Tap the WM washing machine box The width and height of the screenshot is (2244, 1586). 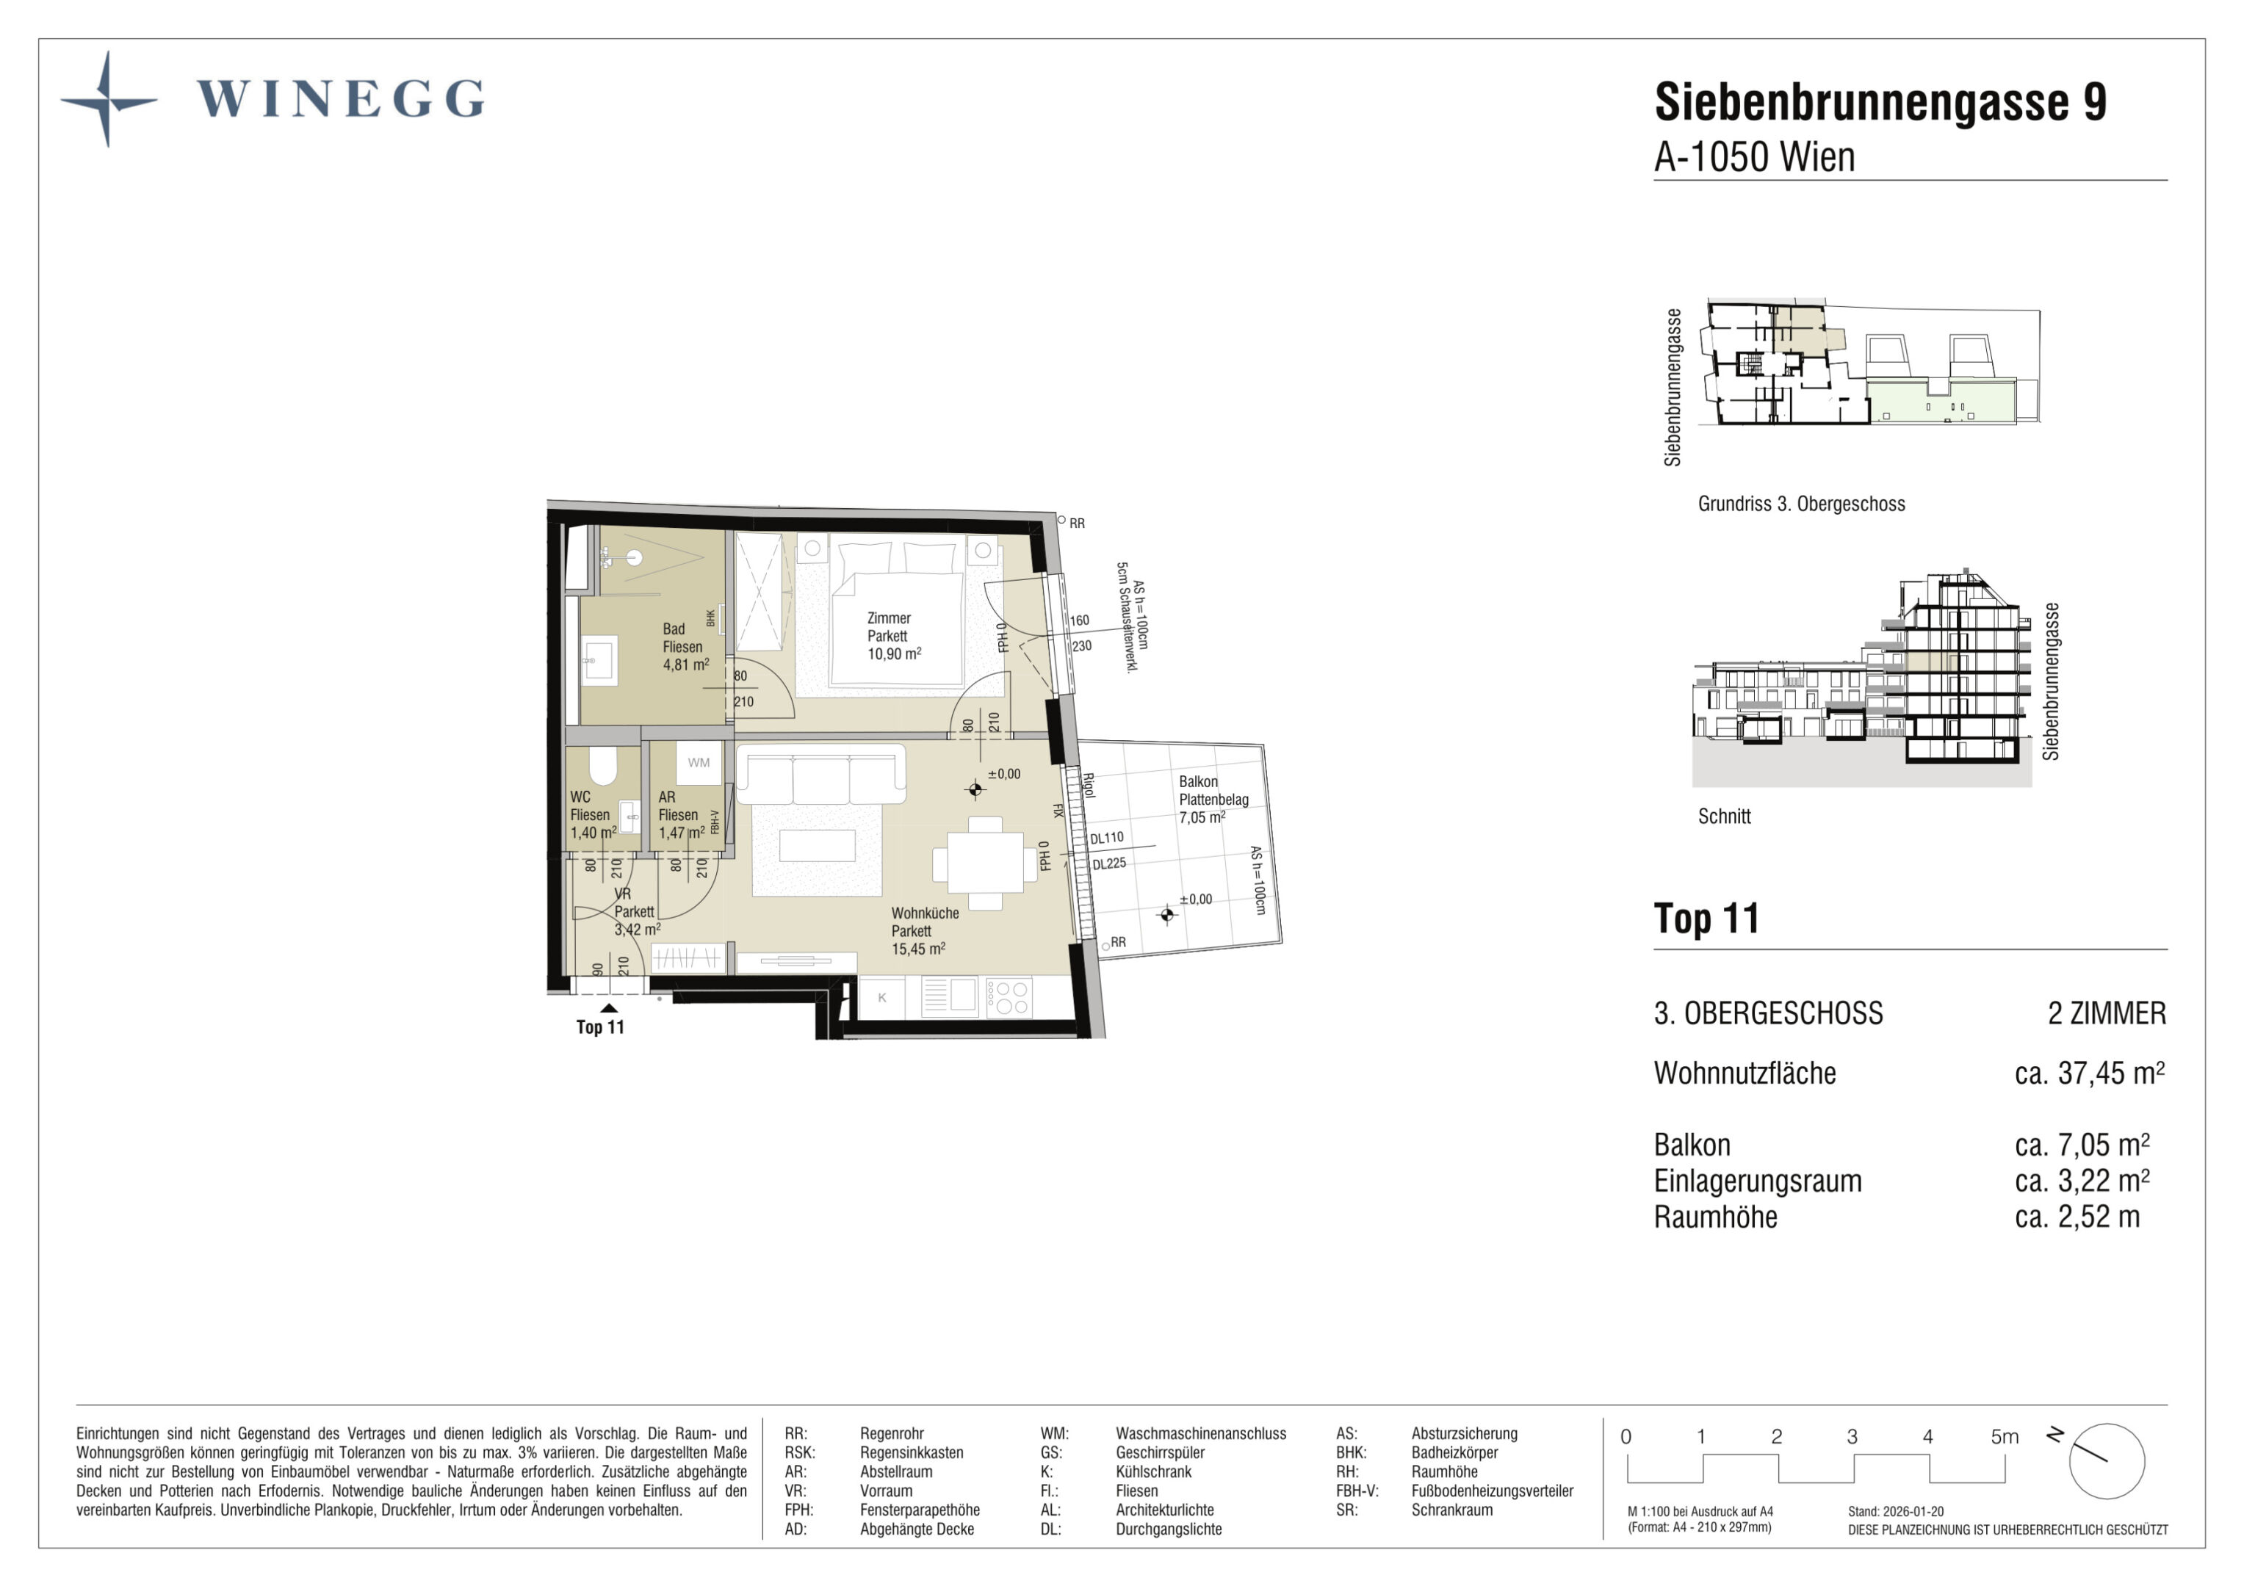699,763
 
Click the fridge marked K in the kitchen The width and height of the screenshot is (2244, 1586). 881,998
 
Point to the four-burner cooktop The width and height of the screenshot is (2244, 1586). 1009,998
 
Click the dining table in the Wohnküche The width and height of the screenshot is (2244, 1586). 985,863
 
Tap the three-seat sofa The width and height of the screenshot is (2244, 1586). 821,773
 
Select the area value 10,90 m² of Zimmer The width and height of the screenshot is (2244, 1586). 894,653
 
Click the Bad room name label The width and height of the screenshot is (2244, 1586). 674,629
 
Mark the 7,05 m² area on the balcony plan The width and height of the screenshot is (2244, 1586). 1202,818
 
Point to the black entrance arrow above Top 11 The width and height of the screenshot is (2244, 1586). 609,1008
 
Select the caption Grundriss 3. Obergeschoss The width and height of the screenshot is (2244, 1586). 1801,504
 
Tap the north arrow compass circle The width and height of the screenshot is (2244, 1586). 2106,1462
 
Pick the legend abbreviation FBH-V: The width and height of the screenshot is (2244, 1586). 1357,1491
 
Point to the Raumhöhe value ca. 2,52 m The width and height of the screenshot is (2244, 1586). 2077,1217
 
